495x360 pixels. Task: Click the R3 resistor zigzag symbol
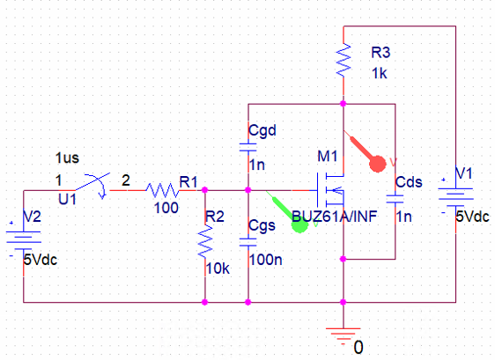point(344,60)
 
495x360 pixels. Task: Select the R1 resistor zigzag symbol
point(163,190)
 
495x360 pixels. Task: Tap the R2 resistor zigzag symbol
point(205,241)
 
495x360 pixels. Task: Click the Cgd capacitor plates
point(248,147)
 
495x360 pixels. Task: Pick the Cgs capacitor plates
point(248,242)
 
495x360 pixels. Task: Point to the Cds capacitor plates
point(395,199)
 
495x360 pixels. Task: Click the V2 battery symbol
point(24,237)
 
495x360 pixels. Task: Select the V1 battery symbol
point(455,194)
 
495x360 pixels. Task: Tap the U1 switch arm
point(92,181)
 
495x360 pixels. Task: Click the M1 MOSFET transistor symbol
point(330,190)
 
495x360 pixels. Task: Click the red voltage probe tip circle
point(378,164)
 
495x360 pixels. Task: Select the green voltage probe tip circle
point(299,224)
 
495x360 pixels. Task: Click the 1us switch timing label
point(67,158)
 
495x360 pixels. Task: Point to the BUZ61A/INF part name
point(335,217)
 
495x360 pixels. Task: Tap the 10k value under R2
point(218,268)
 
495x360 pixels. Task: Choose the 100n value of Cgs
point(265,260)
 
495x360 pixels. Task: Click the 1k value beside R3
point(379,73)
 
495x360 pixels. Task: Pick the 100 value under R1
point(166,208)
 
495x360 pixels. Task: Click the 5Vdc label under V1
point(473,217)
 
